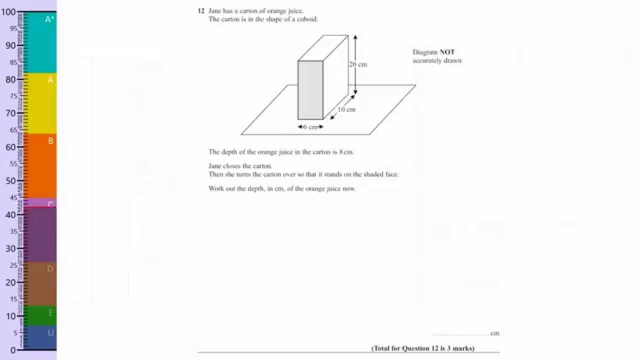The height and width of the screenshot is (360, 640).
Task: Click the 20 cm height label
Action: [x=358, y=64]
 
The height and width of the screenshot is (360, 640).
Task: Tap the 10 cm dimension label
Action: [x=346, y=109]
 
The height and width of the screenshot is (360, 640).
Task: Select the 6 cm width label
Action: [x=310, y=127]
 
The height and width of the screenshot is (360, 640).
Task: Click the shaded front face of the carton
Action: [x=310, y=90]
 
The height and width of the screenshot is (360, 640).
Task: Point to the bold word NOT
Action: [x=447, y=52]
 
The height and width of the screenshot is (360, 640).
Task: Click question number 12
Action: [x=201, y=10]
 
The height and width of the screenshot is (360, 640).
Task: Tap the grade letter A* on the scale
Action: [x=49, y=19]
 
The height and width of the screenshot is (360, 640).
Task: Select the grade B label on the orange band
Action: [x=50, y=141]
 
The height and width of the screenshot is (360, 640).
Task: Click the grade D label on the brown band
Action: [x=50, y=269]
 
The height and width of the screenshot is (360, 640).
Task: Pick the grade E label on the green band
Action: [x=50, y=313]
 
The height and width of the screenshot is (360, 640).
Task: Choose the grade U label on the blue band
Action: [x=50, y=332]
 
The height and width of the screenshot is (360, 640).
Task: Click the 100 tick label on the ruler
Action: [x=8, y=12]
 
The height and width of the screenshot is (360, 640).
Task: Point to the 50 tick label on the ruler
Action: [x=11, y=181]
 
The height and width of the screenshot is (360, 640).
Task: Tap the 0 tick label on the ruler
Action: [x=13, y=350]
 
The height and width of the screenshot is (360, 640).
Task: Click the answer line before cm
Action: [x=460, y=334]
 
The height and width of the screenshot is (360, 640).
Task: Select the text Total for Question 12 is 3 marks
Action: [x=422, y=348]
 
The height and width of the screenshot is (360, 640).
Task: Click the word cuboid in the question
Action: [x=307, y=19]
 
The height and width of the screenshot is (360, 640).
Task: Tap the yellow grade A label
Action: [x=50, y=80]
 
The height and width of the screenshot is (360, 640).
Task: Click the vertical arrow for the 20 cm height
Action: [x=355, y=64]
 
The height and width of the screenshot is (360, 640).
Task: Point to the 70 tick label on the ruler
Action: [x=11, y=113]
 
